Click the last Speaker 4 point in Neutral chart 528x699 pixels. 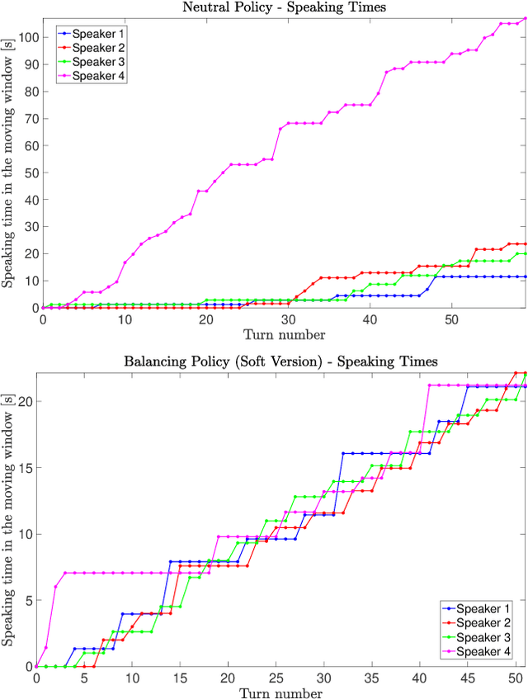(525, 19)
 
